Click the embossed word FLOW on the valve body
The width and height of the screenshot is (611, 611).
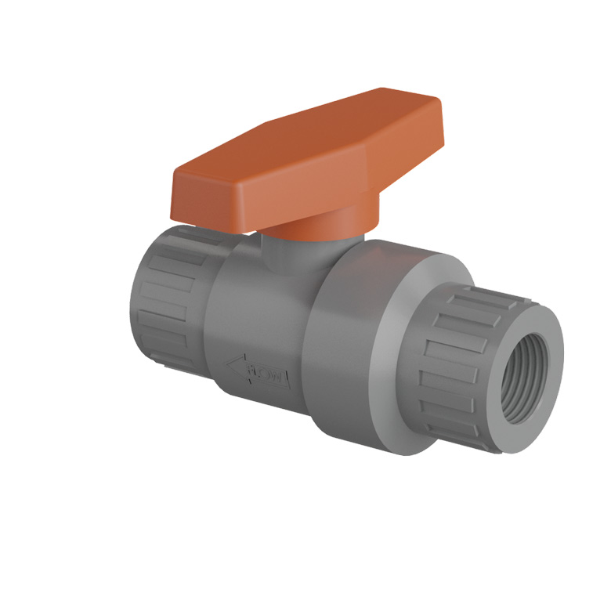(266, 374)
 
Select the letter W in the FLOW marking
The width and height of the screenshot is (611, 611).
(280, 379)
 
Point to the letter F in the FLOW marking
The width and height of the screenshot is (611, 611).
(251, 369)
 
